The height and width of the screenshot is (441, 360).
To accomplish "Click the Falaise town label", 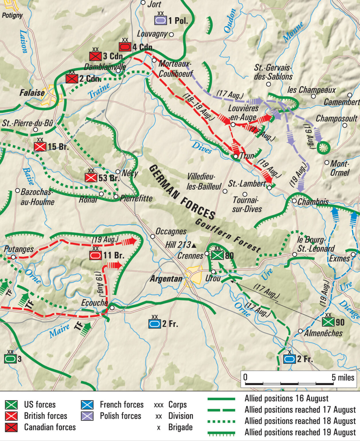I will coord(32,93).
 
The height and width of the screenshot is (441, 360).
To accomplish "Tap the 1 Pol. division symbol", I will coord(160,20).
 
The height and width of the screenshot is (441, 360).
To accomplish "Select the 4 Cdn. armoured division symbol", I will coord(125,47).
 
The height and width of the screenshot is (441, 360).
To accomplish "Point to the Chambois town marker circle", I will coord(294,201).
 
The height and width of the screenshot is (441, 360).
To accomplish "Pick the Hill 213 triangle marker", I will coord(194,245).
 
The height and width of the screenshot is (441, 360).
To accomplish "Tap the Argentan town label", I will coord(166,278).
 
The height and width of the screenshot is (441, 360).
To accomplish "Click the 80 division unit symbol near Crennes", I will coord(217,255).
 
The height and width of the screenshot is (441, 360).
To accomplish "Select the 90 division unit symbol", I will coord(328,322).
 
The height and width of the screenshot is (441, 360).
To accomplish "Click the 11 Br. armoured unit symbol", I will coord(95,255).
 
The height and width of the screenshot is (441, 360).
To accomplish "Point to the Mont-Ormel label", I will coord(340,168).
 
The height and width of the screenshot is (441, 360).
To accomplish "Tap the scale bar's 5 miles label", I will coord(343,377).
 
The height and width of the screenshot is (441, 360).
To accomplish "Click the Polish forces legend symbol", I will coord(87,416).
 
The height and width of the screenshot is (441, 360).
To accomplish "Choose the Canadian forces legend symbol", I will coord(11,427).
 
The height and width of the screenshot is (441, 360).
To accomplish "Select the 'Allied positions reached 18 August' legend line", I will coord(221,421).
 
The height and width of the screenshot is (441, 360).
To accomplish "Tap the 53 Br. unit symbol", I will coord(91,178).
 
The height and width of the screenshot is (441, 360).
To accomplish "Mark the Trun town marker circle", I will coord(236,156).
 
